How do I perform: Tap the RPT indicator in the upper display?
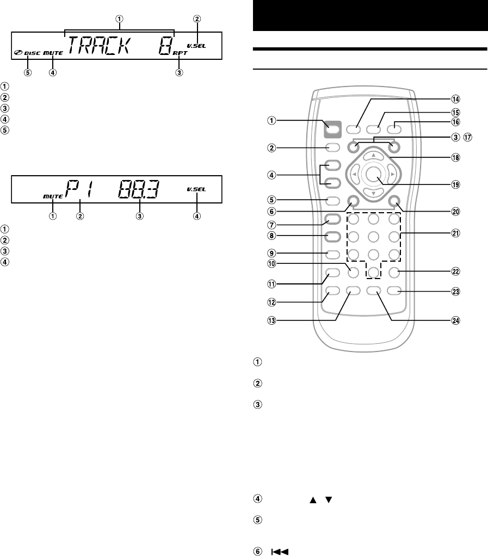coord(180,54)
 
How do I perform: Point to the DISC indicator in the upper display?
coord(32,53)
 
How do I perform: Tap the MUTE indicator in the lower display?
coord(53,193)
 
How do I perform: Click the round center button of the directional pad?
coord(373,174)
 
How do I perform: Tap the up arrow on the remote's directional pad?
coord(373,156)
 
